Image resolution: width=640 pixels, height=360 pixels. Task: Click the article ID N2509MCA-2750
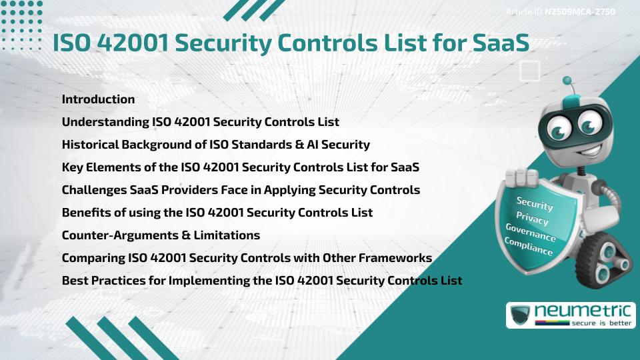pyautogui.click(x=579, y=11)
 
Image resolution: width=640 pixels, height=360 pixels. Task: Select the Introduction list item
pyautogui.click(x=98, y=99)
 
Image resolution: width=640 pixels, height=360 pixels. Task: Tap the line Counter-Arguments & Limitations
pyautogui.click(x=161, y=235)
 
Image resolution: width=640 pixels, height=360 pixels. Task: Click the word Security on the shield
pyautogui.click(x=535, y=203)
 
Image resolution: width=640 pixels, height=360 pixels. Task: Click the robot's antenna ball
pyautogui.click(x=567, y=81)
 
